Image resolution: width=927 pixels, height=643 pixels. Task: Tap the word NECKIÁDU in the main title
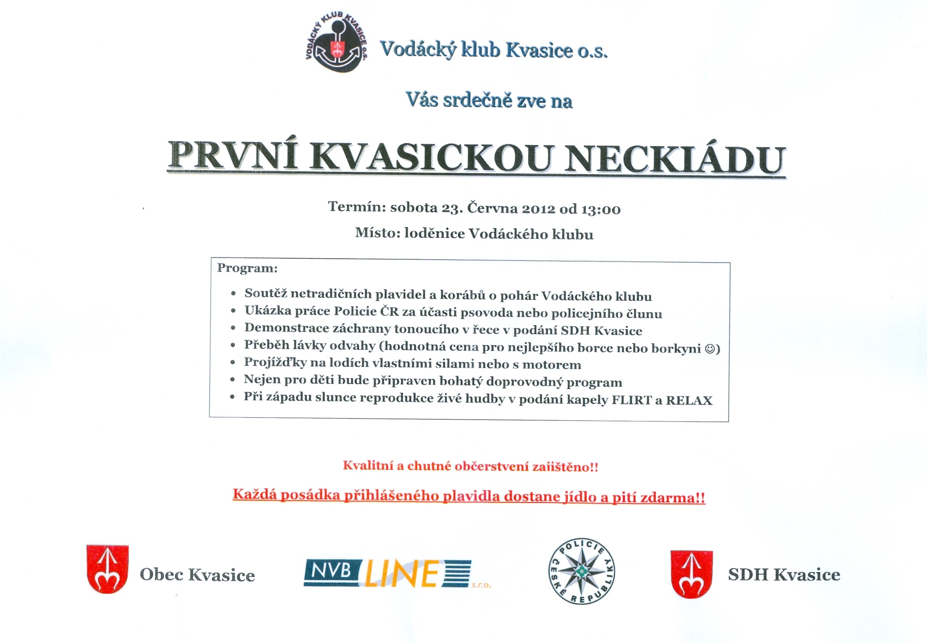[675, 159]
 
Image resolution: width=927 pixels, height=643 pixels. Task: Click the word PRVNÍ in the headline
[233, 155]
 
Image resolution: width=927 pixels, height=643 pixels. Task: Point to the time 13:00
[601, 209]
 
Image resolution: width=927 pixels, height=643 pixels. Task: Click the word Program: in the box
[247, 268]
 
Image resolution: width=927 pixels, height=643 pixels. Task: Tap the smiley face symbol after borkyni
[710, 349]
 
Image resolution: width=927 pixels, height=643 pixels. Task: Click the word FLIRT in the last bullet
[631, 400]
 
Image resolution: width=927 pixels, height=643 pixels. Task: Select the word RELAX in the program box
[689, 400]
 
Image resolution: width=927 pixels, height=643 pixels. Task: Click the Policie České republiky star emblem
[581, 571]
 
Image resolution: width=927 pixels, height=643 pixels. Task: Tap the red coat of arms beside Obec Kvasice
[108, 569]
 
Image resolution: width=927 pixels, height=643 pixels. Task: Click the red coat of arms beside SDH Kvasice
[691, 574]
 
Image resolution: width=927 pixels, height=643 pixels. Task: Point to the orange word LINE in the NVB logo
[402, 573]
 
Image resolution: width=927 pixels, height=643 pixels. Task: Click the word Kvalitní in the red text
[368, 465]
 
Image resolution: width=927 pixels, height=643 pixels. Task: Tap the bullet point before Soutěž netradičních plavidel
[233, 293]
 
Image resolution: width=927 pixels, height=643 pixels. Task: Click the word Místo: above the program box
[377, 233]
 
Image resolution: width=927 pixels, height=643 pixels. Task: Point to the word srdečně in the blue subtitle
[477, 100]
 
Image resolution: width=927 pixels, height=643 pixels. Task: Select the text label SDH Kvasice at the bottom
[784, 575]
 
